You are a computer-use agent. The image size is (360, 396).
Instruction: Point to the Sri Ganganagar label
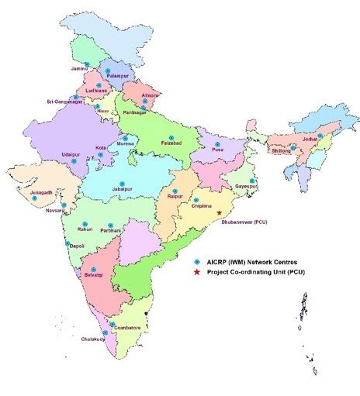(64, 102)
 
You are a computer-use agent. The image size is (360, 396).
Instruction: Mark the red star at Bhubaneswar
(220, 212)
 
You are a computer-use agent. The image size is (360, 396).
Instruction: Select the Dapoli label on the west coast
(76, 246)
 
